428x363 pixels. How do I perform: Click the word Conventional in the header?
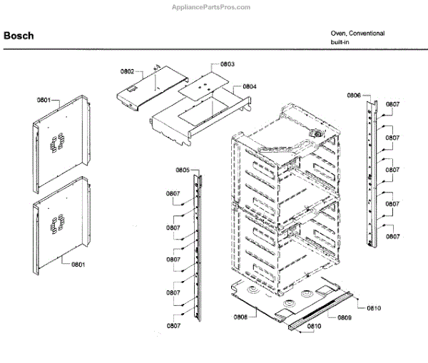pyautogui.click(x=368, y=34)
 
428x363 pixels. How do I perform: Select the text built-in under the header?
pyautogui.click(x=339, y=44)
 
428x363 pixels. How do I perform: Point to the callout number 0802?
pyautogui.click(x=126, y=71)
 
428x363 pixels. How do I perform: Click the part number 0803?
pyautogui.click(x=227, y=64)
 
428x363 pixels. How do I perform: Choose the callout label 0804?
pyautogui.click(x=249, y=86)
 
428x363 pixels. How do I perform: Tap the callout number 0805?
pyautogui.click(x=182, y=170)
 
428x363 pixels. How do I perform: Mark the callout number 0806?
pyautogui.click(x=355, y=95)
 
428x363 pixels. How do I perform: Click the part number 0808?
pyautogui.click(x=240, y=317)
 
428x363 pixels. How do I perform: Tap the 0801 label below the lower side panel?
pyautogui.click(x=78, y=265)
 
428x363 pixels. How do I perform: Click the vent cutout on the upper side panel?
pyautogui.click(x=56, y=142)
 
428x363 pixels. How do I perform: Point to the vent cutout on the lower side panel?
pyautogui.click(x=55, y=227)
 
